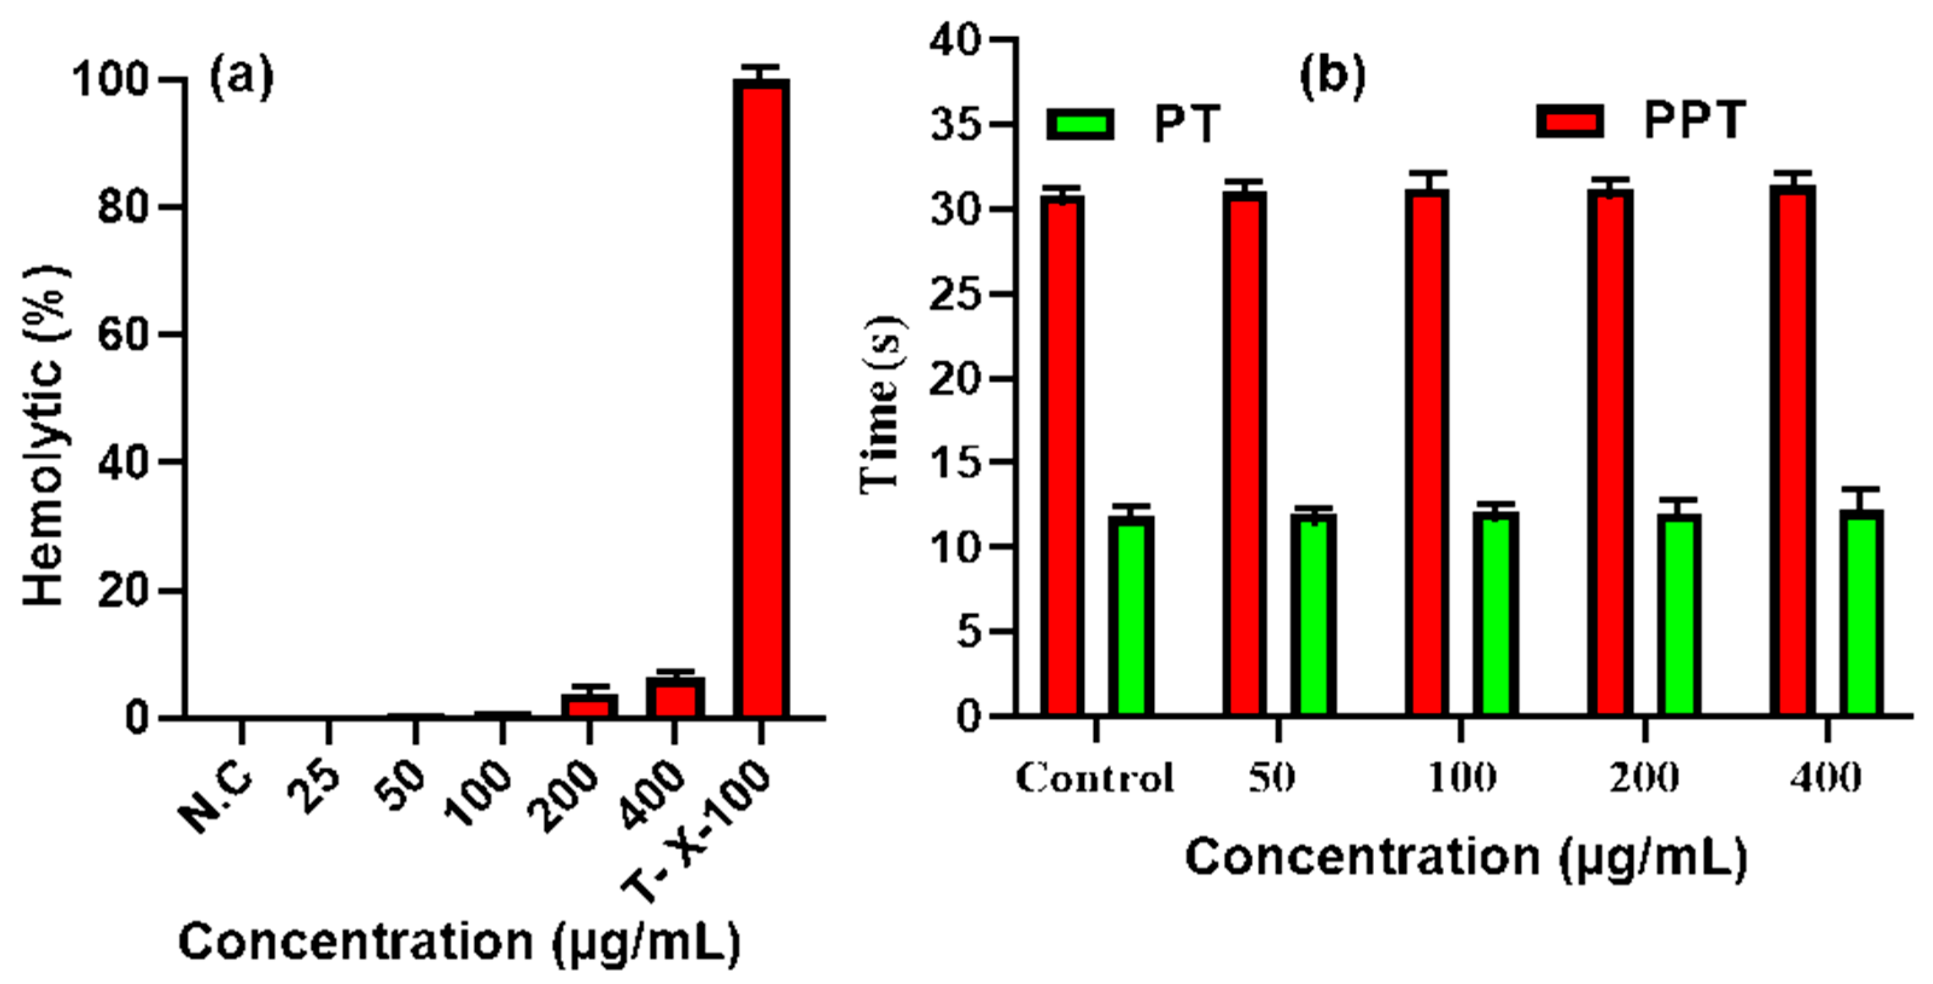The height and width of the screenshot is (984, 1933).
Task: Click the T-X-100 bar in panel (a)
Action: [x=761, y=398]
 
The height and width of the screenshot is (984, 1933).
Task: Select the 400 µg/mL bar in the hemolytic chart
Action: [x=674, y=697]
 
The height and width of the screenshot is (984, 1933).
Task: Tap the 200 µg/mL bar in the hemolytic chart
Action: [x=589, y=706]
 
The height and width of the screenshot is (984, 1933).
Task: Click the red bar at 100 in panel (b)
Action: [x=1426, y=450]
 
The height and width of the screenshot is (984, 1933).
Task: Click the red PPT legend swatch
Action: [x=1569, y=121]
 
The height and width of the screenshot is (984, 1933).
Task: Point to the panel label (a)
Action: [x=241, y=77]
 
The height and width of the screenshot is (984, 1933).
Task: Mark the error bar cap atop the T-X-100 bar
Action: [x=761, y=68]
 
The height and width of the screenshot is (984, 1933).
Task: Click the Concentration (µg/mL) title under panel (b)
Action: [x=1465, y=857]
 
